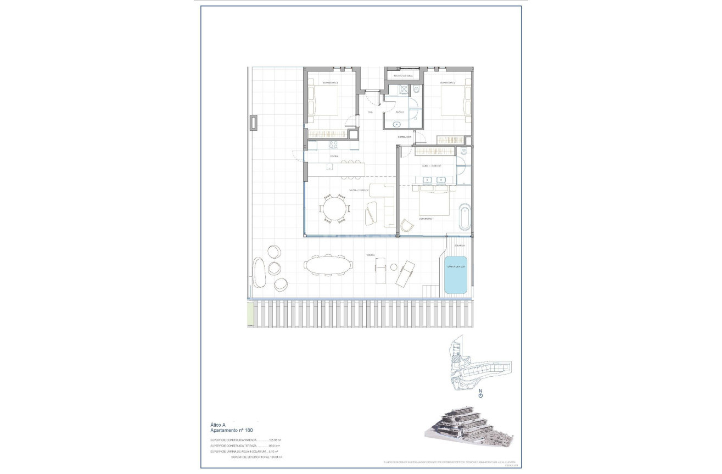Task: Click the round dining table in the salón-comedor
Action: pos(335,209)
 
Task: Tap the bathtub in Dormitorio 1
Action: pos(464,217)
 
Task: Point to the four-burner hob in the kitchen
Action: pos(333,145)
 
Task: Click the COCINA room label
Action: pos(334,157)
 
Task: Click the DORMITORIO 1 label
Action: pos(427,219)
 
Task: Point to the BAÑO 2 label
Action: pos(400,112)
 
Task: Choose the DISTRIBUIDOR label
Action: pos(405,137)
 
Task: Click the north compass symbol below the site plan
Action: pos(481,393)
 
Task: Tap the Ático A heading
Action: pos(218,425)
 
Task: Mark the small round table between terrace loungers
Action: pos(394,267)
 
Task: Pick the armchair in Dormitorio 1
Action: pos(407,225)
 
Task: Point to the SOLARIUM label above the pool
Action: pos(460,246)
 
